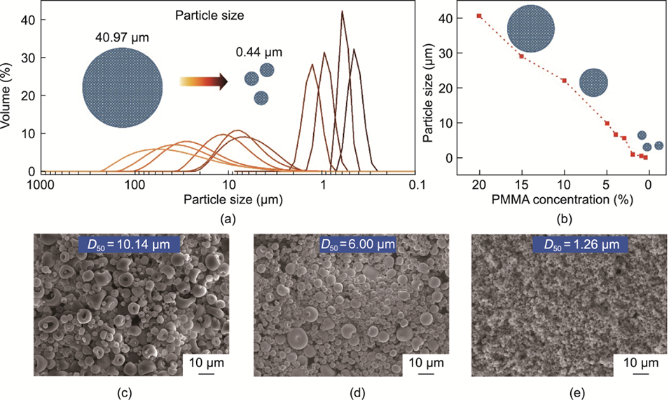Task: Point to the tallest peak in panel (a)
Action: pos(343,13)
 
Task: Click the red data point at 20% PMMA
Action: pos(479,15)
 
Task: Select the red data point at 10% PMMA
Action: pos(564,80)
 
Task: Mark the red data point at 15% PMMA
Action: pos(521,56)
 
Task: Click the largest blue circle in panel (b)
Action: pos(531,29)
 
